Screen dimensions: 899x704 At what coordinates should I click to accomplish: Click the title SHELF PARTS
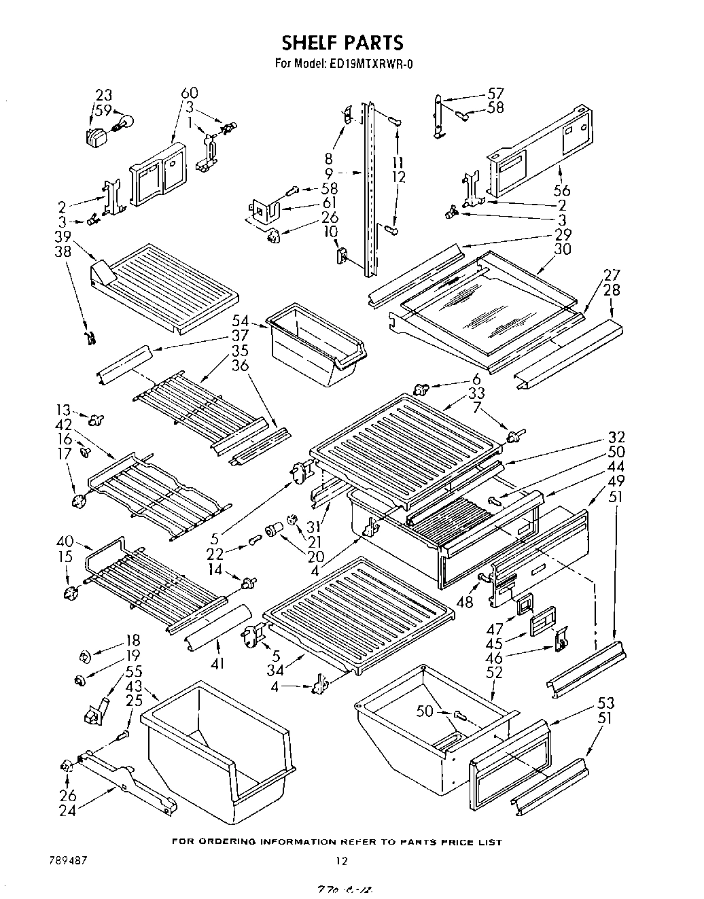point(342,43)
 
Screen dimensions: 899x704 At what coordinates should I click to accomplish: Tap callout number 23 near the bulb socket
point(103,95)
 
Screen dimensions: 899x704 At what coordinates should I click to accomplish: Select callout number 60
point(190,93)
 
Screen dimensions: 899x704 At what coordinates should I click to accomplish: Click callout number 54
point(240,320)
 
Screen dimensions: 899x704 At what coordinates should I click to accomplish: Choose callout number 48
point(465,602)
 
